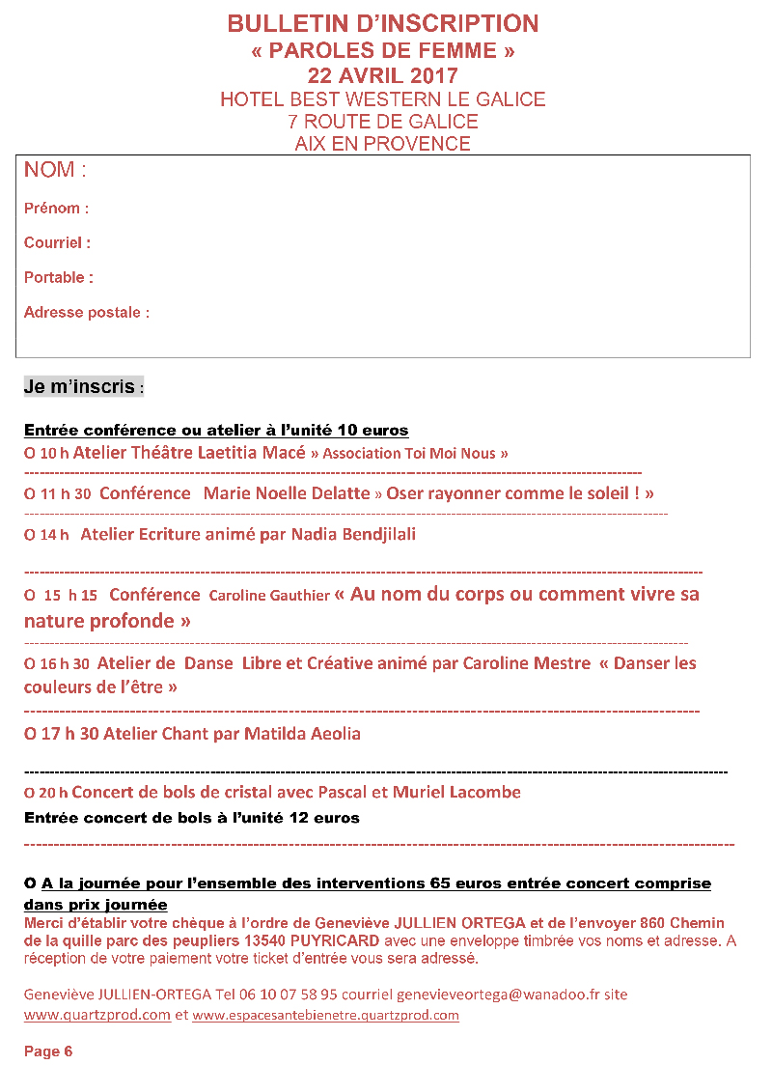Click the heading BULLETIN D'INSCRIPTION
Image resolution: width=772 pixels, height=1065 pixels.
pos(383,24)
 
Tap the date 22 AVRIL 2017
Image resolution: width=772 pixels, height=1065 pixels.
pos(383,75)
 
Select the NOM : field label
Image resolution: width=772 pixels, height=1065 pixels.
pos(55,171)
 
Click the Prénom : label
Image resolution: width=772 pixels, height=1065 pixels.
pos(56,209)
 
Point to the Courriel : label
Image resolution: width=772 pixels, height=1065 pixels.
pos(57,243)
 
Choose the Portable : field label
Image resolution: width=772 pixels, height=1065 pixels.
pos(58,278)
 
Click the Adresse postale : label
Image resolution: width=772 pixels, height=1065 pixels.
pos(86,313)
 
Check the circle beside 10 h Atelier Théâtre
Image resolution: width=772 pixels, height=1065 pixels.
pos(29,453)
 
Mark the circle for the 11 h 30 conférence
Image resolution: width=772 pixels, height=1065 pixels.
pos(29,494)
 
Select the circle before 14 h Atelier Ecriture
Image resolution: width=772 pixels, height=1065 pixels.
pos(29,535)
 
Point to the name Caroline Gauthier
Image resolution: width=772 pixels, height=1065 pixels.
pos(269,596)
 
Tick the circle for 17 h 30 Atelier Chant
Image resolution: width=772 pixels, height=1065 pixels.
pos(30,735)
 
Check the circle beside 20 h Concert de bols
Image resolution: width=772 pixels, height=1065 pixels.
pos(29,794)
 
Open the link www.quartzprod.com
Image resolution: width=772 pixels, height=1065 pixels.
pos(97,1016)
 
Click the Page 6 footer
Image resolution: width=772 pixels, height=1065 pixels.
pos(48,1051)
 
